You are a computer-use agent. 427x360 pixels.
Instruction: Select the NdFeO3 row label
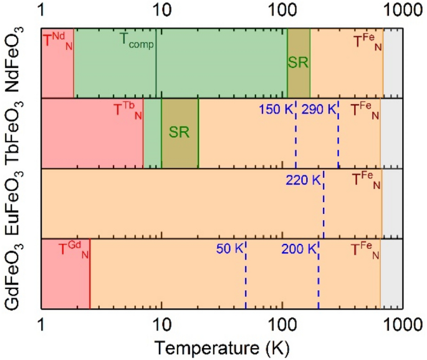tap(16, 62)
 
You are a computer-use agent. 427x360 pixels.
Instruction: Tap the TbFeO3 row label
tap(16, 133)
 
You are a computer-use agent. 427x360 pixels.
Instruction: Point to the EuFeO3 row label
tap(16, 203)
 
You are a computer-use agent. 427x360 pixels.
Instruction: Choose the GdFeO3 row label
tap(16, 274)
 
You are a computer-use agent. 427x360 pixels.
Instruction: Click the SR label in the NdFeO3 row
tap(298, 62)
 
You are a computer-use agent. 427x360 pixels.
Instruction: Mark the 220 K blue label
tap(304, 181)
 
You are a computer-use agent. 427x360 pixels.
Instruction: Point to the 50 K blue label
tap(228, 250)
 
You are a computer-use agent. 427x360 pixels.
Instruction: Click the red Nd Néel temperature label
tap(57, 41)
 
